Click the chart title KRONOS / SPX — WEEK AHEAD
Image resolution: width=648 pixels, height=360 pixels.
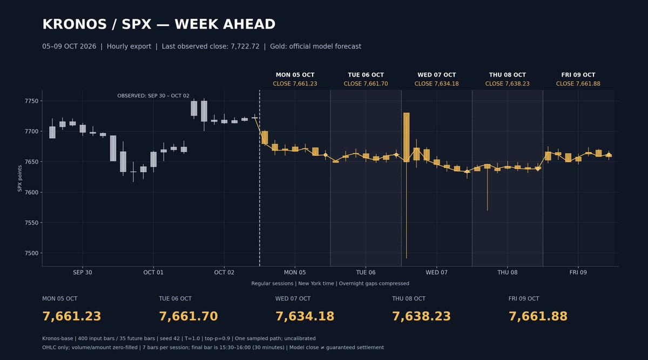click(x=159, y=24)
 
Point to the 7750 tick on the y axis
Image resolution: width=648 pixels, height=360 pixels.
click(x=31, y=101)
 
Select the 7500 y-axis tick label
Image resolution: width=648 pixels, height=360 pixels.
click(x=31, y=253)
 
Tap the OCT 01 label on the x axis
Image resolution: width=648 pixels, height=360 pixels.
click(x=153, y=273)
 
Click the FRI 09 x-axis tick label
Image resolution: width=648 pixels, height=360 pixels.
click(x=578, y=273)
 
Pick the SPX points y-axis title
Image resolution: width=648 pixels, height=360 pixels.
click(x=19, y=179)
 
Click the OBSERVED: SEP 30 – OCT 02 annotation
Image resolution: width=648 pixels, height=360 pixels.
click(x=153, y=96)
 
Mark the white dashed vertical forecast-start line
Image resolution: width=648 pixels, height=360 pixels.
click(x=260, y=178)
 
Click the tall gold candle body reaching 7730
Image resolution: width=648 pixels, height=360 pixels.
click(x=407, y=137)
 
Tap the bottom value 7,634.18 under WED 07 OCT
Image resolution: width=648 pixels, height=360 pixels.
click(x=305, y=316)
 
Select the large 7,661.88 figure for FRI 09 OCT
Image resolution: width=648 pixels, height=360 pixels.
click(x=538, y=316)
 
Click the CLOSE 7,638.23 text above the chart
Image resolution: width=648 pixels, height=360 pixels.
click(x=508, y=84)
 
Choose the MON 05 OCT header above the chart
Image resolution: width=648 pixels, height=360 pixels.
click(x=295, y=75)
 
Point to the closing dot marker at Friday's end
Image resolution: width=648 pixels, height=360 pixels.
click(x=609, y=155)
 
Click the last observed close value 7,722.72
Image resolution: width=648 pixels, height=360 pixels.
click(x=245, y=46)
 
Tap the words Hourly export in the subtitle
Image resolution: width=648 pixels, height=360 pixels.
click(x=129, y=46)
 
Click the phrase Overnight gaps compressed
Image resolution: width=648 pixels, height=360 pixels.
click(x=374, y=283)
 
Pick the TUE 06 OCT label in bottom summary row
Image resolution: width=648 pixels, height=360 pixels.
click(x=175, y=298)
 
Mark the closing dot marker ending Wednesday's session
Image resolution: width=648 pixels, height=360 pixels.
click(x=467, y=172)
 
